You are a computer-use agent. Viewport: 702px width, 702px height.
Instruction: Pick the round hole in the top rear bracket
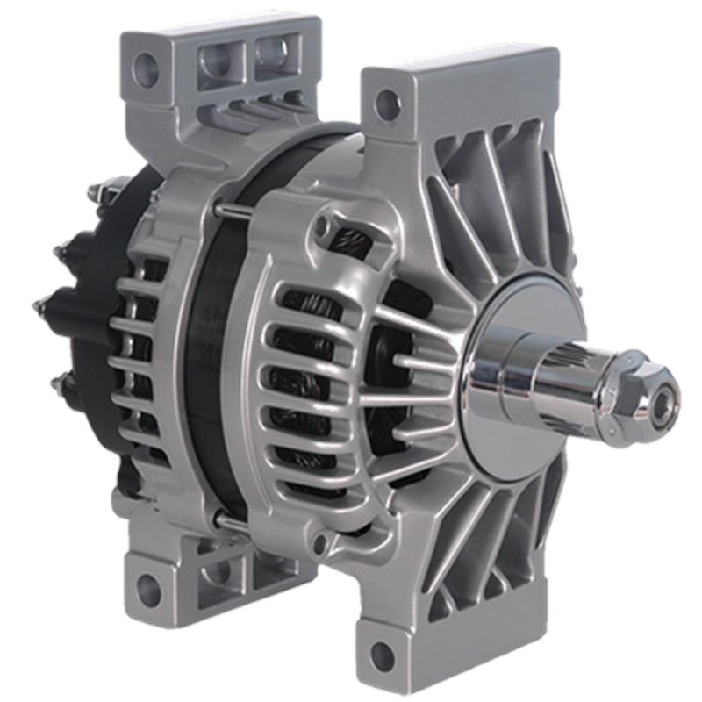coord(145,66)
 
